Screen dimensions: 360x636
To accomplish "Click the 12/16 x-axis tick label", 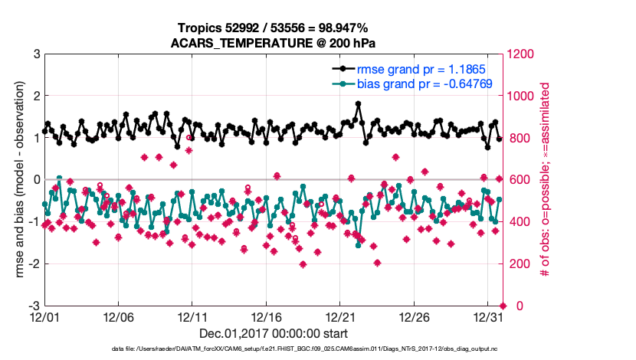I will coord(266,316).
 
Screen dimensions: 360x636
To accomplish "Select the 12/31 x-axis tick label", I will coord(488,316).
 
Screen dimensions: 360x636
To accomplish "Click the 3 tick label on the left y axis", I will coord(36,54).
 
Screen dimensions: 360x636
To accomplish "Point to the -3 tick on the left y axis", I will coord(34,306).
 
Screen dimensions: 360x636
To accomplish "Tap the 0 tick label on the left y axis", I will coord(36,180).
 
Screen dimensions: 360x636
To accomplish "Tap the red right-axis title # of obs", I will coord(546,180).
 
